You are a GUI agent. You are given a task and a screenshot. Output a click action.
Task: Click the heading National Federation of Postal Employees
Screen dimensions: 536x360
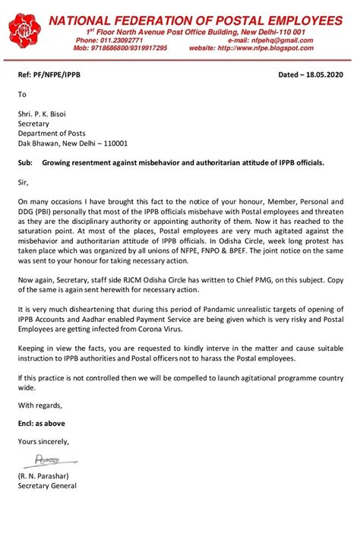click(x=195, y=20)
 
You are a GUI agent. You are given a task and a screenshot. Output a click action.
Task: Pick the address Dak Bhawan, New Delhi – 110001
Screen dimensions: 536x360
click(x=73, y=143)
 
